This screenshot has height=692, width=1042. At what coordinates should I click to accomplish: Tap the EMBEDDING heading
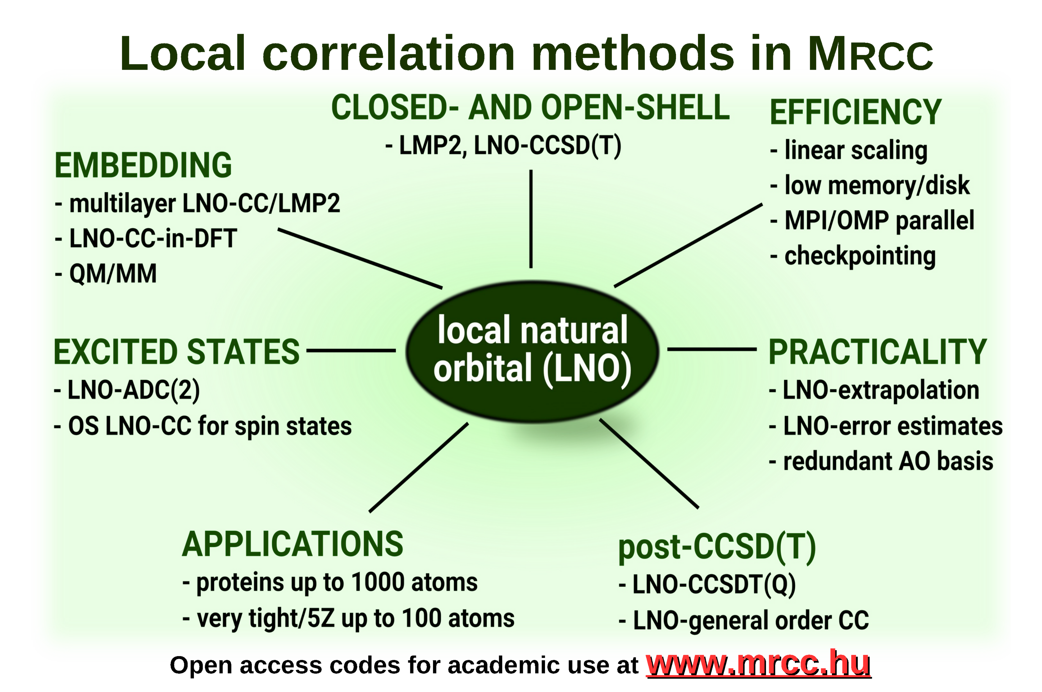[x=143, y=165]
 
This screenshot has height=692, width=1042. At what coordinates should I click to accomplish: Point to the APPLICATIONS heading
[x=293, y=544]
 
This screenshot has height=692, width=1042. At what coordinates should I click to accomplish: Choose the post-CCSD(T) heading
[x=717, y=548]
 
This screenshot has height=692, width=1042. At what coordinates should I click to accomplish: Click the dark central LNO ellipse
[x=532, y=352]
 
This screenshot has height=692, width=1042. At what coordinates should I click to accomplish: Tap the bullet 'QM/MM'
[x=106, y=274]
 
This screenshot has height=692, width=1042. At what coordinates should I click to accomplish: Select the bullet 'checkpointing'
[x=853, y=256]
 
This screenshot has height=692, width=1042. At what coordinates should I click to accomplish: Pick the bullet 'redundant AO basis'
[x=881, y=461]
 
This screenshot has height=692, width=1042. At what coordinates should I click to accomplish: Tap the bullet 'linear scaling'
[x=848, y=151]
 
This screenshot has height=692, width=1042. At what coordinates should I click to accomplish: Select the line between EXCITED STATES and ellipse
[x=351, y=351]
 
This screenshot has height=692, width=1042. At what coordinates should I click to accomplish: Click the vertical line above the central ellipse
[x=531, y=219]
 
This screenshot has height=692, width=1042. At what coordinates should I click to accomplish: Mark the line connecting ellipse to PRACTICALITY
[x=712, y=349]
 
